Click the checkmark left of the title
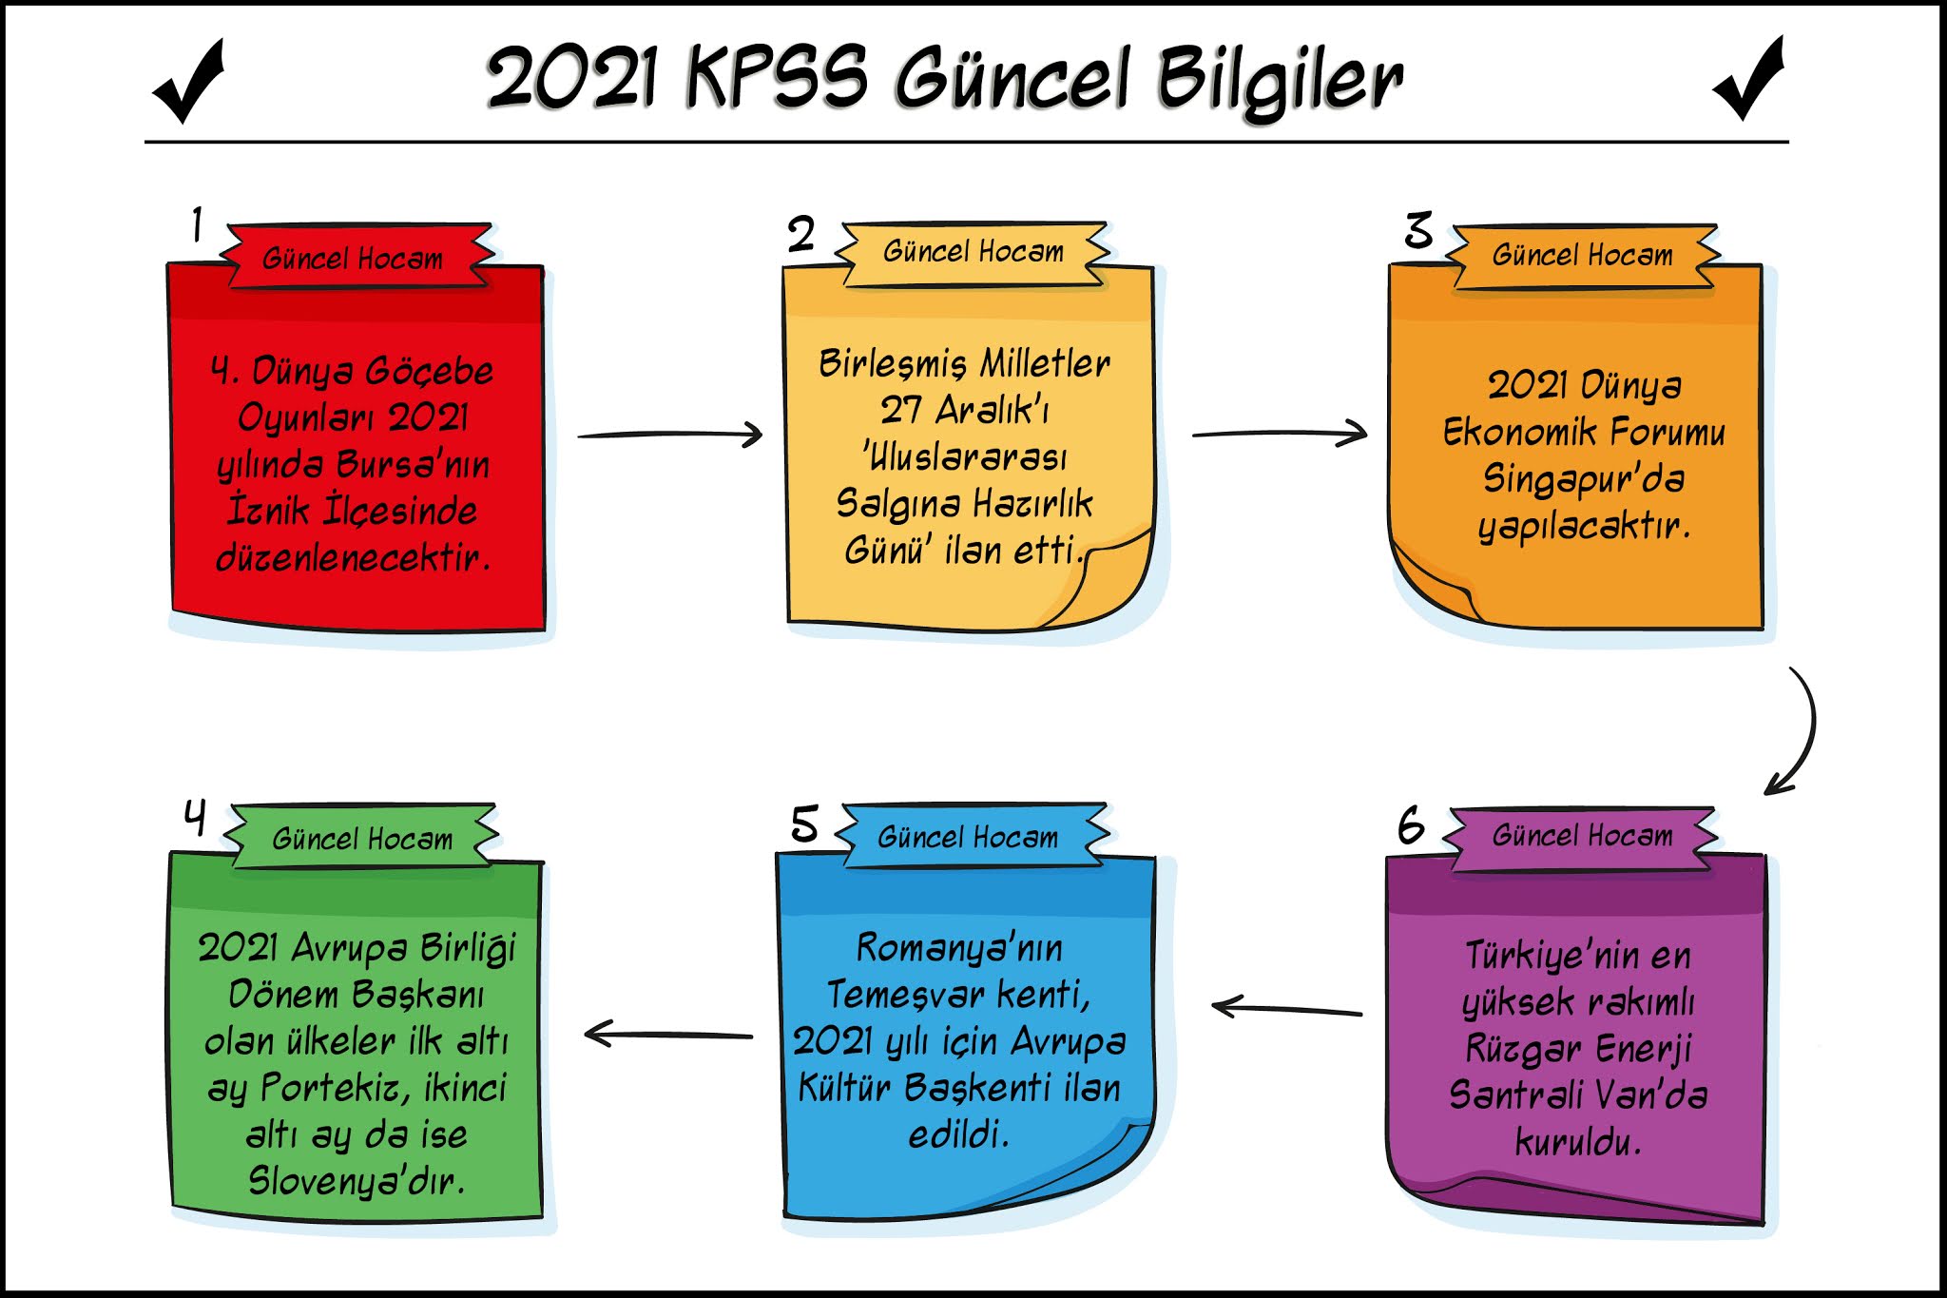pos(189,84)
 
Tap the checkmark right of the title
pos(1748,80)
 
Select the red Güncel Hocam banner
pos(354,258)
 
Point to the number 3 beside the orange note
pos(1417,231)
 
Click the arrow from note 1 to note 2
pos(670,435)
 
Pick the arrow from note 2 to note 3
pos(1280,434)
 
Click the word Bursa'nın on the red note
pos(414,465)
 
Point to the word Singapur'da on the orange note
pos(1584,479)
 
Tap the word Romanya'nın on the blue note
pos(959,948)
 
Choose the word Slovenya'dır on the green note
pos(357,1181)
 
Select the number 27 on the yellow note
pos(900,410)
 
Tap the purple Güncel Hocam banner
pos(1582,836)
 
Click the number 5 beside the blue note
pos(804,823)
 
